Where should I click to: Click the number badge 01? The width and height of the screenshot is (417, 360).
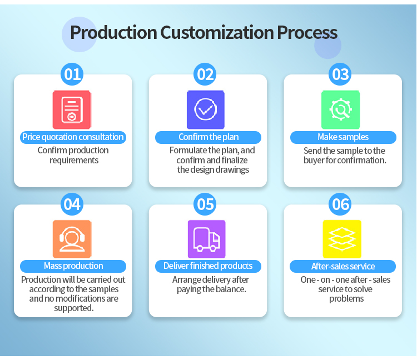(72, 74)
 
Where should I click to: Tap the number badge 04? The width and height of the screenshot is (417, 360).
(72, 204)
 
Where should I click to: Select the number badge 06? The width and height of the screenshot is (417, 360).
(340, 204)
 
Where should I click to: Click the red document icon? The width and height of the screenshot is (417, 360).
(72, 110)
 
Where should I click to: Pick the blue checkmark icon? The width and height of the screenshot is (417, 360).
(206, 110)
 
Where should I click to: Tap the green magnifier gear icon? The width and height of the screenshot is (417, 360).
(341, 110)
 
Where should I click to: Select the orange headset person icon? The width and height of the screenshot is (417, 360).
(72, 239)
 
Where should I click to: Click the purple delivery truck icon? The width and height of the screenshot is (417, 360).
(207, 239)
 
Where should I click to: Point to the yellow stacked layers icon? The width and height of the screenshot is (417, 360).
(342, 239)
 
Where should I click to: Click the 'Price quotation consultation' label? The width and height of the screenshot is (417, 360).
(73, 137)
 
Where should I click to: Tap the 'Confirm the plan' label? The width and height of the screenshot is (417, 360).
(209, 137)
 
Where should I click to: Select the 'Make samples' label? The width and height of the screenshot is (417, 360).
(344, 137)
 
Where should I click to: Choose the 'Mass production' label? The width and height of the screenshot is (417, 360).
(73, 266)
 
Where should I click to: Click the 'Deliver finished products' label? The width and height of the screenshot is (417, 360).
(209, 266)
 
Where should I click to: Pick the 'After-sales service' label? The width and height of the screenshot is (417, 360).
(343, 266)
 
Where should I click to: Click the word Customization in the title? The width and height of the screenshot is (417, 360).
(217, 32)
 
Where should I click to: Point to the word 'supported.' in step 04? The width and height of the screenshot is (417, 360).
(74, 308)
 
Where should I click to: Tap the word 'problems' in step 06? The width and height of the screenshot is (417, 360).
(346, 299)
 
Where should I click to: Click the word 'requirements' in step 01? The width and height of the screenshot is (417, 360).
(74, 161)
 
